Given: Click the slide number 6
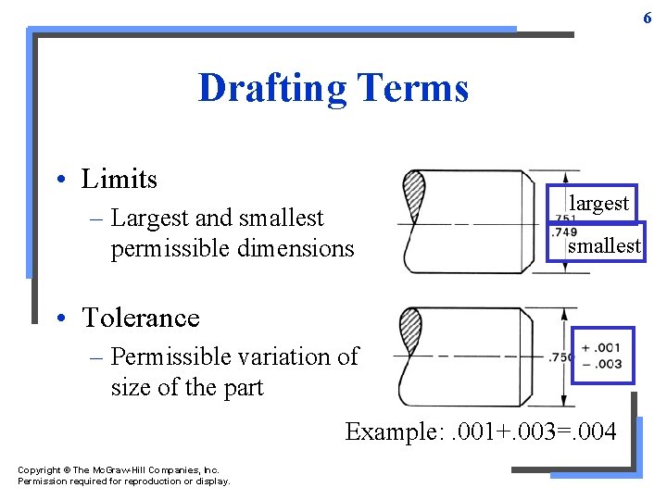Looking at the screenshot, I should (x=648, y=18).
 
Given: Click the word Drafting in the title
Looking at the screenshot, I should (x=270, y=89).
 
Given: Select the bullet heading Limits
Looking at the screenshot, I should (x=119, y=179).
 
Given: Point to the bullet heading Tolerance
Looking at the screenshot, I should (x=140, y=318).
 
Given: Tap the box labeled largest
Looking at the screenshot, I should (x=598, y=204).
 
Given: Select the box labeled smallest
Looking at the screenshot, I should (x=604, y=245).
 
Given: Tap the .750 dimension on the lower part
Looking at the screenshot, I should (x=560, y=356).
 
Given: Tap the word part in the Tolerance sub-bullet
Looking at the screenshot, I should (x=243, y=387).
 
